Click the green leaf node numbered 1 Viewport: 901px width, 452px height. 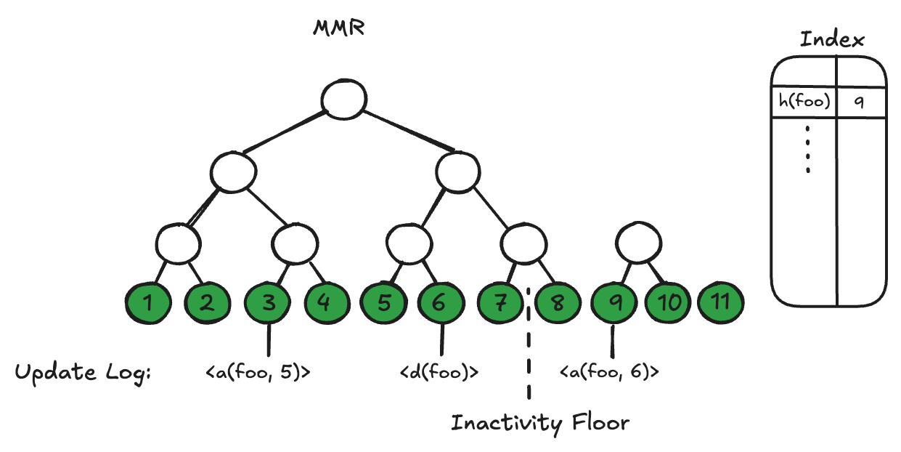148,303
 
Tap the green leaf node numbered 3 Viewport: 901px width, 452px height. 269,303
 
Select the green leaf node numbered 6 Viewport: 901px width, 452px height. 439,303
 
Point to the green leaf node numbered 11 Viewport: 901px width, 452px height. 721,303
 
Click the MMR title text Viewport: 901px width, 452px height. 338,29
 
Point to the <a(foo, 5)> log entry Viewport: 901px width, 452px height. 258,373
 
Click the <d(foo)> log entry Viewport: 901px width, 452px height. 439,373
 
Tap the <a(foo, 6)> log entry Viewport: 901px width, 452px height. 610,373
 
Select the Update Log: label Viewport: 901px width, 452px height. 82,373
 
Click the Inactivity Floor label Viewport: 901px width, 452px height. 540,423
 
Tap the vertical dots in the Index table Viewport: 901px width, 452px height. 807,149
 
